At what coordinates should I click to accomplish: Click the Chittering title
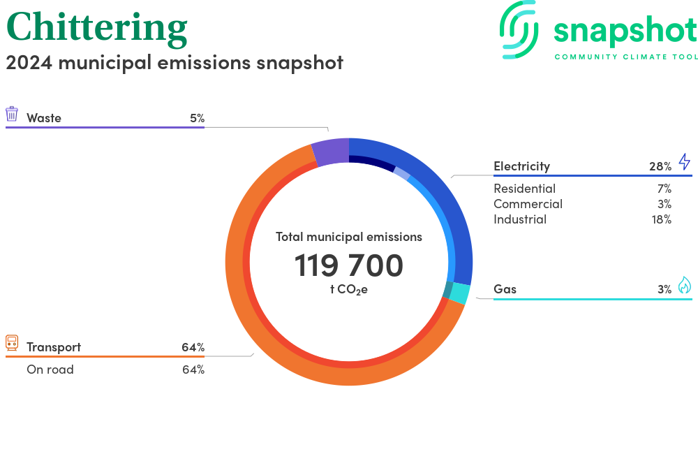[97, 28]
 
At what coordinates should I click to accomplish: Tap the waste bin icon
[12, 114]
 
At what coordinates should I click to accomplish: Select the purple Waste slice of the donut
[330, 152]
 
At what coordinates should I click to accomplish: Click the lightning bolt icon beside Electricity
[684, 162]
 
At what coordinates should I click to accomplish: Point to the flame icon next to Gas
[684, 285]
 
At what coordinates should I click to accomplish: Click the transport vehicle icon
[12, 343]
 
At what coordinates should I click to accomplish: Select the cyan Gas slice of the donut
[459, 293]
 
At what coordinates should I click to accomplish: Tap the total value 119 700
[348, 266]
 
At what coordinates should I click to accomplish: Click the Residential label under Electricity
[524, 189]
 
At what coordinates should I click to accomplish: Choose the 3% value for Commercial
[664, 204]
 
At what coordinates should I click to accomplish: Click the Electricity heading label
[521, 166]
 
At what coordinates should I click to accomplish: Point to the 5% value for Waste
[197, 118]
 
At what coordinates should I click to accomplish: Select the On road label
[50, 370]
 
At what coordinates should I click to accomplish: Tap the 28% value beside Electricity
[660, 166]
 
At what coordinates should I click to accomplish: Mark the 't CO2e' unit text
[348, 289]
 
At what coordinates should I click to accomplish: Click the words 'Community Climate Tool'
[625, 57]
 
